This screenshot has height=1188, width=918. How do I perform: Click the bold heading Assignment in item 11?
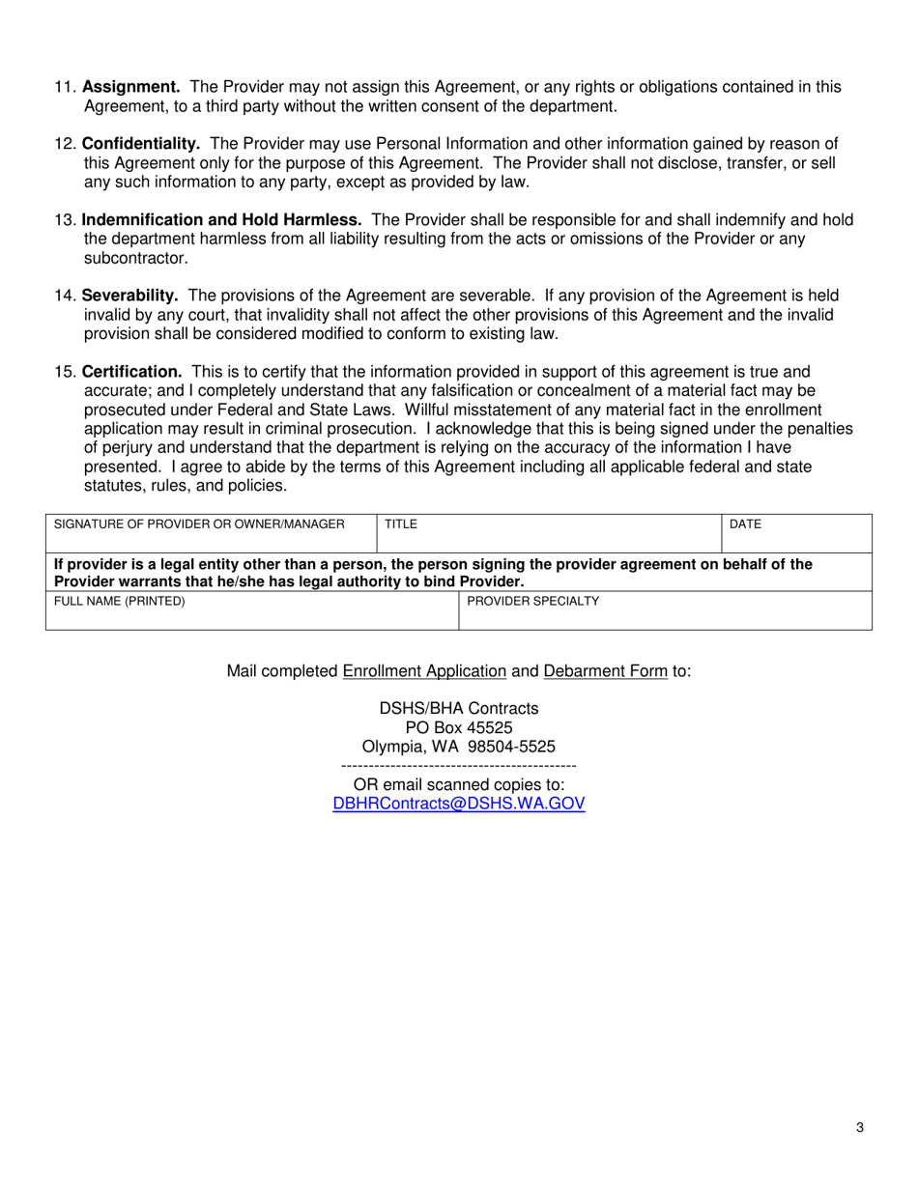point(130,87)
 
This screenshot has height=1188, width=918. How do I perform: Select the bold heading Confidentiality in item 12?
point(141,144)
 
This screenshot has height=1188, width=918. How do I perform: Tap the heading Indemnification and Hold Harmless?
point(221,220)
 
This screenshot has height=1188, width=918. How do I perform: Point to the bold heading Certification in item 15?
point(131,372)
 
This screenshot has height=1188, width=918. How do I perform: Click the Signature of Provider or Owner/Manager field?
point(211,533)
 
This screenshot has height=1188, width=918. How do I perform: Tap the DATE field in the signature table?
point(797,533)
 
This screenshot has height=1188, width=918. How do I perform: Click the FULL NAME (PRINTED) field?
point(251,610)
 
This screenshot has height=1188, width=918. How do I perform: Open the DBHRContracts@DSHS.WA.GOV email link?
point(459,804)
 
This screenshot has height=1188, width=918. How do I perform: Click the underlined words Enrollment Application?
point(424,671)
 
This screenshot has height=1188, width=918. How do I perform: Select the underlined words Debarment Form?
point(605,671)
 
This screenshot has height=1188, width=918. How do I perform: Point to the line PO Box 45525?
point(459,727)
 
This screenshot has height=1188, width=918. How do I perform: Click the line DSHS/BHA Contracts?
point(459,709)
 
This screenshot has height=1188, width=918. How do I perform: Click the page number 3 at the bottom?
point(859,1127)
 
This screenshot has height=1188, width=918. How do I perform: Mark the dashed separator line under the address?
point(459,766)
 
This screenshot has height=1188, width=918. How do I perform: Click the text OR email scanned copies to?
point(459,784)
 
